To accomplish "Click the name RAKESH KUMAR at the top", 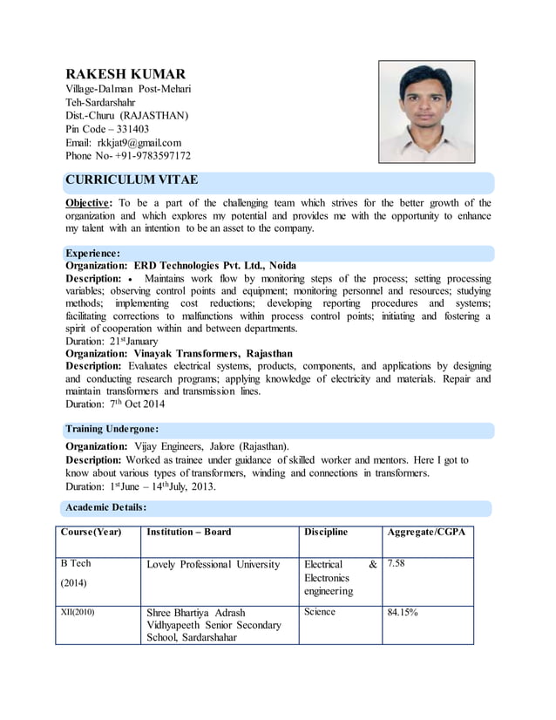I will tap(125, 74).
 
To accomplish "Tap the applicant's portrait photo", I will tap(426, 111).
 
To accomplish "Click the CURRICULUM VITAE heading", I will tap(132, 180).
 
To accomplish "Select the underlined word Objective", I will tap(89, 203).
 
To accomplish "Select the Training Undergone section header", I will tap(112, 430).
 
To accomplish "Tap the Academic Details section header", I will tap(106, 506).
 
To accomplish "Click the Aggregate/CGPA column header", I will tap(426, 532).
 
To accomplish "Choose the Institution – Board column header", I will tap(189, 532).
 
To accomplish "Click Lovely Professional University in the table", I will tap(214, 564).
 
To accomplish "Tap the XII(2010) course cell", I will tap(78, 612).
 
